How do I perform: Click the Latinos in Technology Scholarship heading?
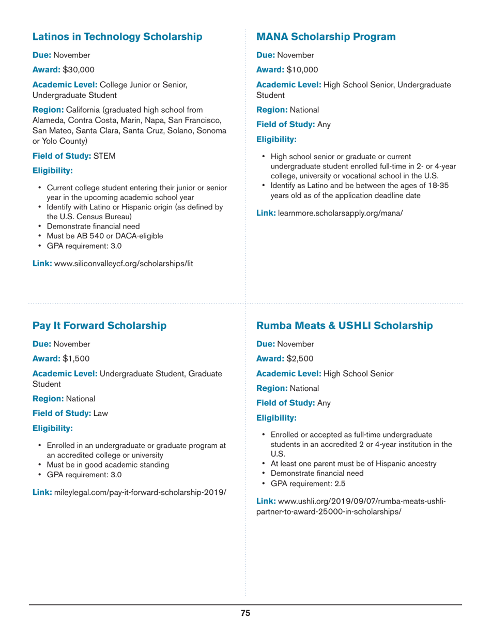117,37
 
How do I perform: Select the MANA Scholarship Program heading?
326,37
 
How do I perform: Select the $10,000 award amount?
302,69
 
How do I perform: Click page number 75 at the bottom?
245,613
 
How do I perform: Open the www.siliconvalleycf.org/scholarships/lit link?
124,264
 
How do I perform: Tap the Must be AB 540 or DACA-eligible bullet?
105,236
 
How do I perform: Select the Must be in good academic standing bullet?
108,465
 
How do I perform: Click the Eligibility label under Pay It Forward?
53,428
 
